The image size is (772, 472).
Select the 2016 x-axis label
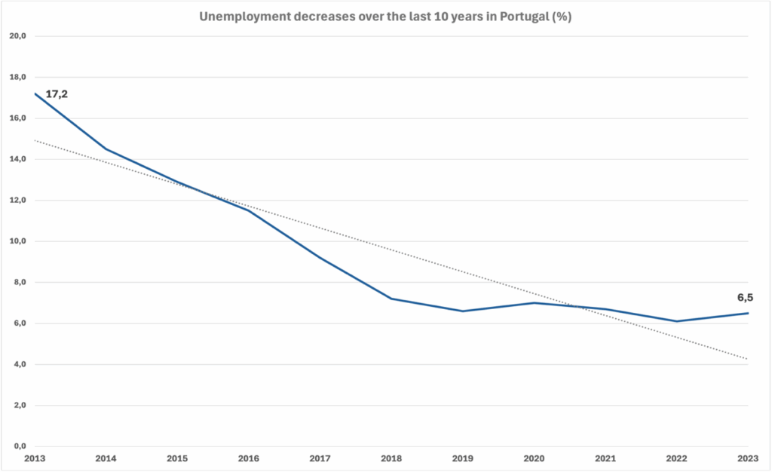[249, 457]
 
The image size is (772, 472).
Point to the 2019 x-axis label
[463, 457]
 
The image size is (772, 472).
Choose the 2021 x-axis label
[605, 457]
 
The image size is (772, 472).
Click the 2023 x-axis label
[748, 457]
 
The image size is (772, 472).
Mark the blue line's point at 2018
[391, 299]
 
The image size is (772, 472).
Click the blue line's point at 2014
[106, 149]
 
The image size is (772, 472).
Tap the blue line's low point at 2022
[676, 321]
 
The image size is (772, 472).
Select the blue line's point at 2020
[534, 303]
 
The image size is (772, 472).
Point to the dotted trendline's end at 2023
[747, 359]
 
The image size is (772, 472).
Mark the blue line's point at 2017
[320, 258]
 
